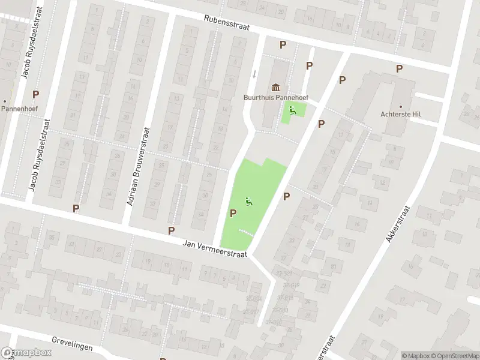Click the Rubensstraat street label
pos(225,23)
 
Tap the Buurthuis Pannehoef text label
pos(276,98)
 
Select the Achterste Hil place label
pos(398,114)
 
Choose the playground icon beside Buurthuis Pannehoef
pos(292,109)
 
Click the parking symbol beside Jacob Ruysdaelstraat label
pos(35,94)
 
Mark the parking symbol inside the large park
pos(233,213)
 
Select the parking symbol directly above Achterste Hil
pos(399,70)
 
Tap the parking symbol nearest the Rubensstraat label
pos(283,44)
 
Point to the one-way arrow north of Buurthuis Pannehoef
pos(254,74)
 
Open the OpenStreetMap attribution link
pos(454,356)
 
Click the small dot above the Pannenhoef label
pos(5,101)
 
